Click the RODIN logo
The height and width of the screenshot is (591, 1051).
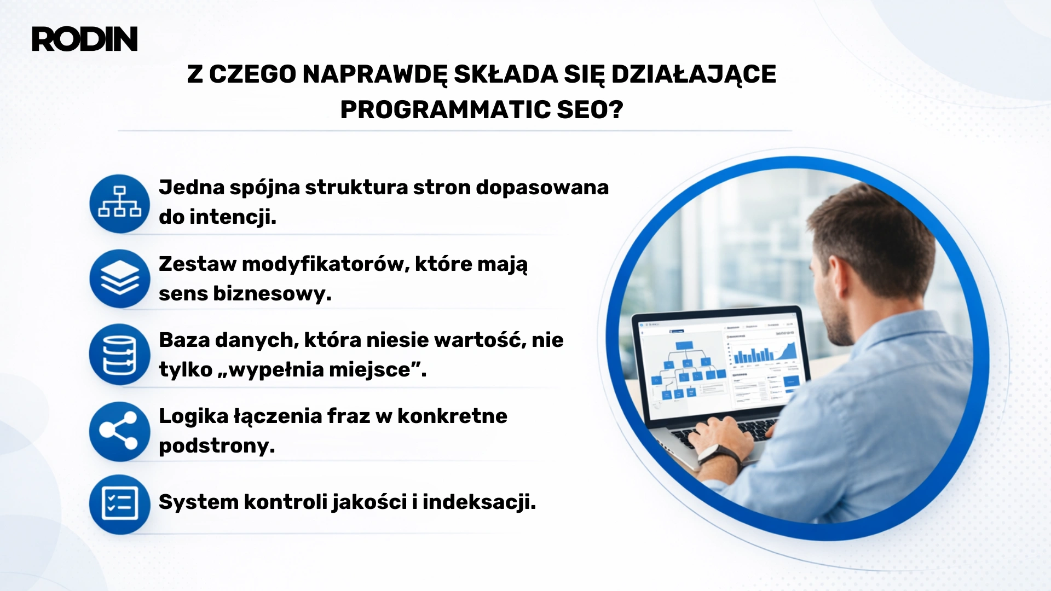pos(85,39)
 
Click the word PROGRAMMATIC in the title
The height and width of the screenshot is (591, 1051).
pos(445,109)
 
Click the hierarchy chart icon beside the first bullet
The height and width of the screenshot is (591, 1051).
pos(119,203)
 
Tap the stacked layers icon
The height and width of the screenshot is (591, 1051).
pos(119,279)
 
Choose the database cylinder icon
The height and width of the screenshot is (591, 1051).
pos(119,355)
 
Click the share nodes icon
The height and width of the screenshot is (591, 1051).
pos(119,431)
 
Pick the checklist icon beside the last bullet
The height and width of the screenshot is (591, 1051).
pos(119,504)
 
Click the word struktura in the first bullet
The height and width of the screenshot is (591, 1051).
pos(356,188)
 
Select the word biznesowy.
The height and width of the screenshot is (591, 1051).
pos(272,294)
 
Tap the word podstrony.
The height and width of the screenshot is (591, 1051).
pos(217,446)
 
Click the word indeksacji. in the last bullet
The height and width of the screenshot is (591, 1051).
pos(479,502)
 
